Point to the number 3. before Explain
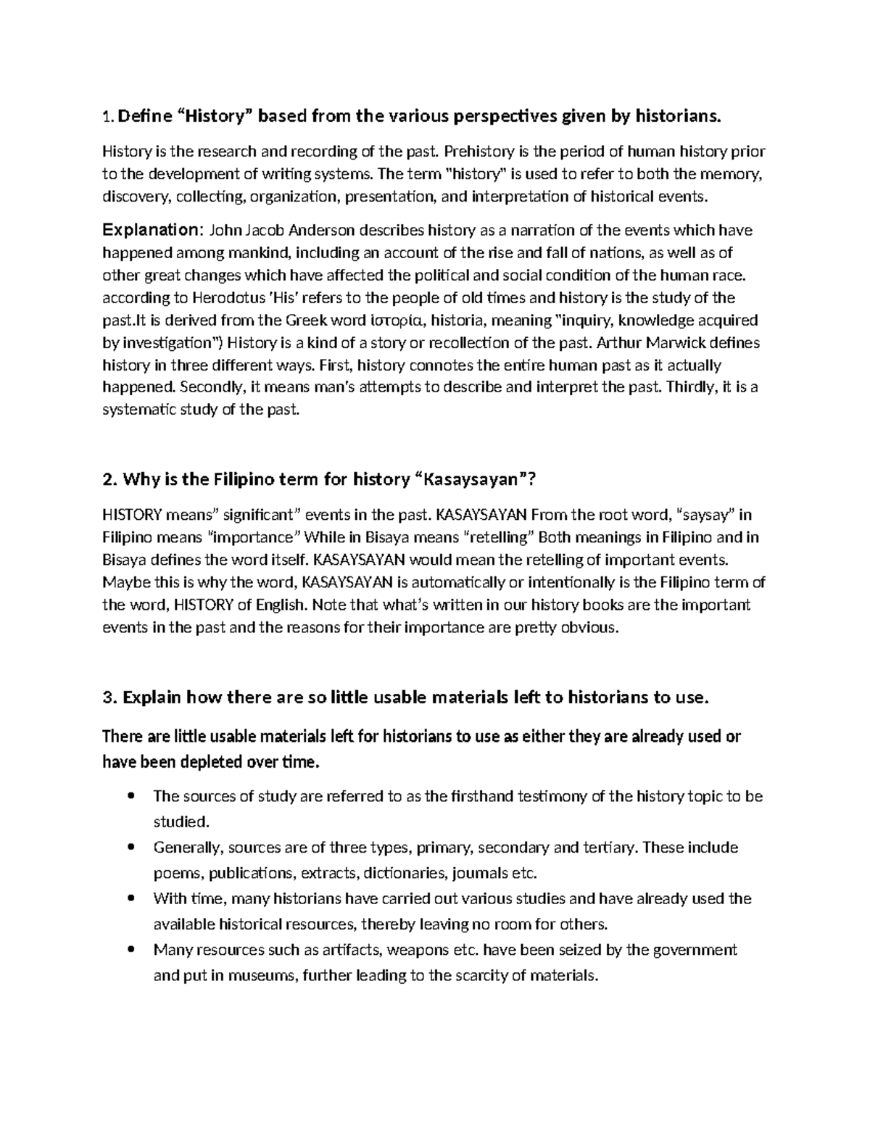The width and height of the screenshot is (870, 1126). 110,698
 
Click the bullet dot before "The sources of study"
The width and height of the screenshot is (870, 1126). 130,797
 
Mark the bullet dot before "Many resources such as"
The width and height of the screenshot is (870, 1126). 130,950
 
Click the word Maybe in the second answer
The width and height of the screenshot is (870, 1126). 123,583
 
